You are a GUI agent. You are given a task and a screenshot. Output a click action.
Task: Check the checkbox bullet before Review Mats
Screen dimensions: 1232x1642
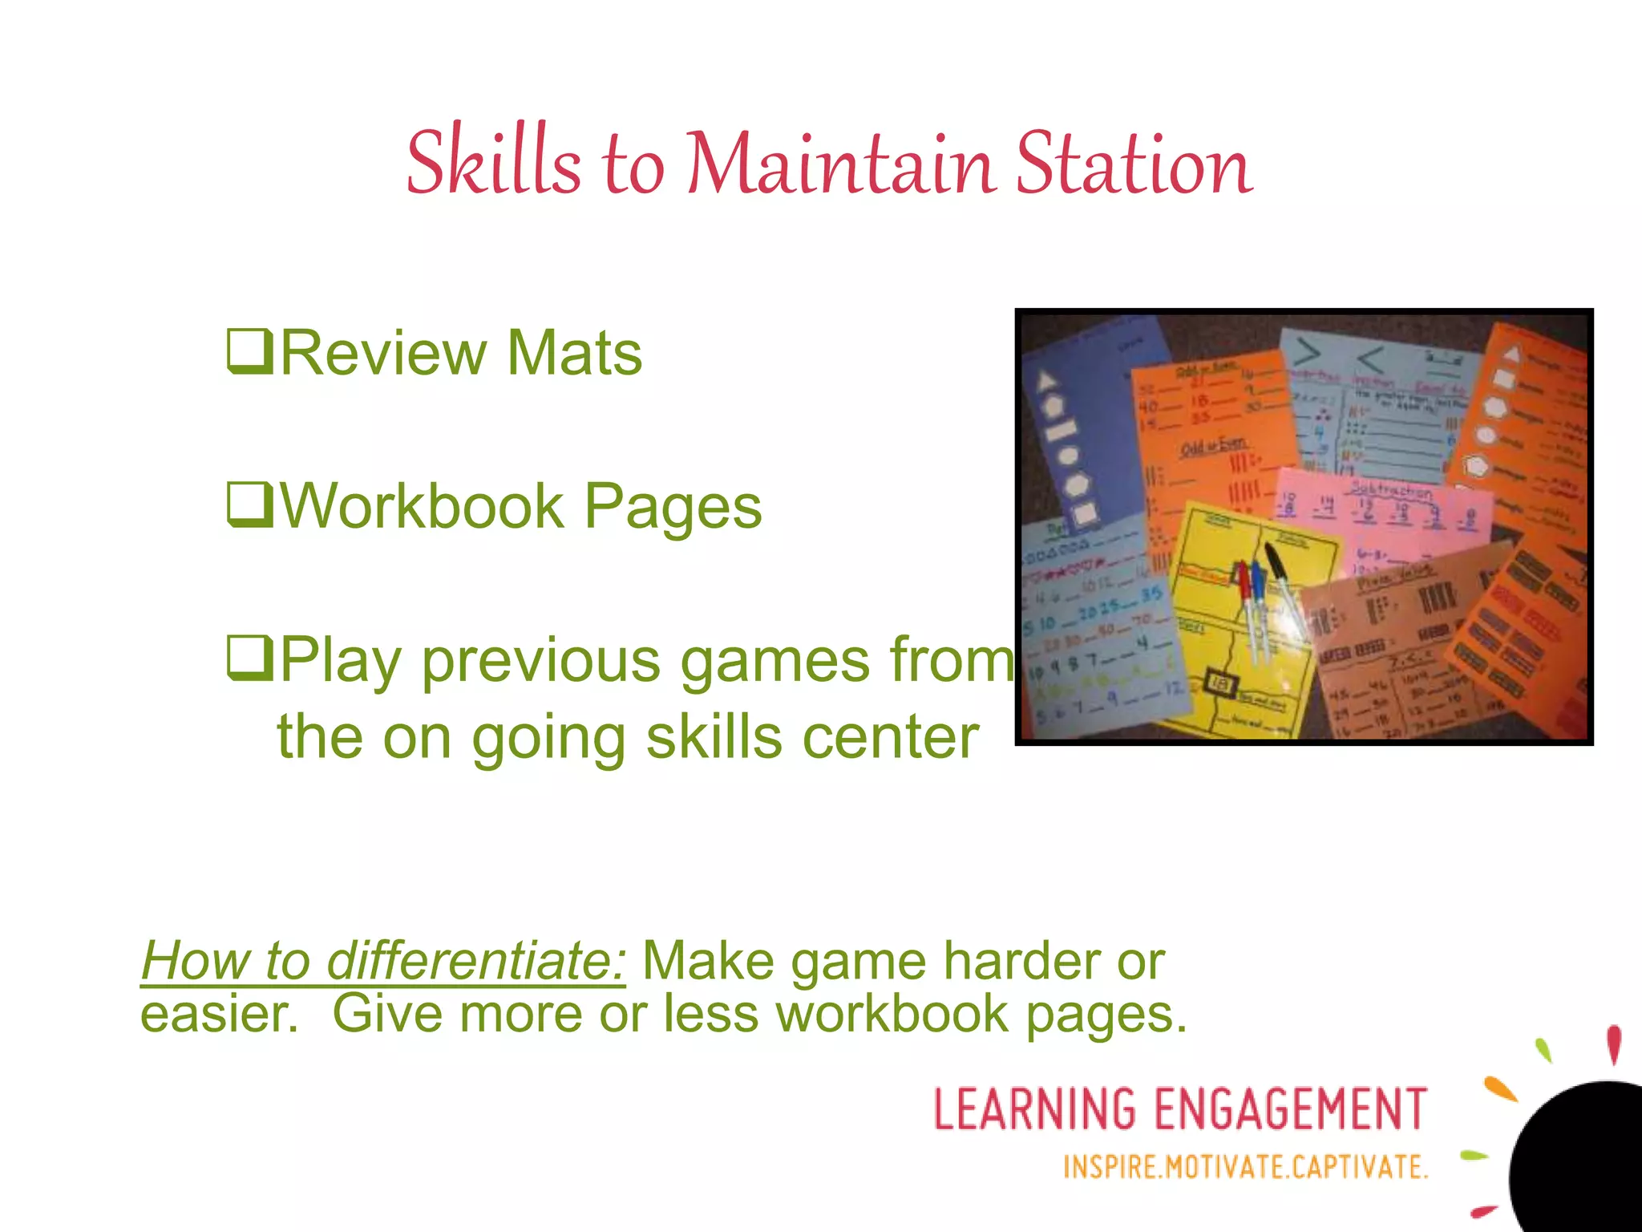249,352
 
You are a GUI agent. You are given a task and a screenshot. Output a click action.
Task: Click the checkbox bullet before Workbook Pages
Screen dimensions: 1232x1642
249,506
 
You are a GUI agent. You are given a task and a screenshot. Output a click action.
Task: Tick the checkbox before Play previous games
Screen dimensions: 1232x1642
249,659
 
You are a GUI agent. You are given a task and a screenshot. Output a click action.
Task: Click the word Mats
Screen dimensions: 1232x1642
574,352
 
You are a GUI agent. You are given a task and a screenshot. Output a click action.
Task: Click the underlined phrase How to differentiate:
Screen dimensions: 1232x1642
383,960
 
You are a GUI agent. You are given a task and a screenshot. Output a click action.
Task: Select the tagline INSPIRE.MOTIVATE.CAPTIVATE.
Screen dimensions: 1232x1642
1245,1166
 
